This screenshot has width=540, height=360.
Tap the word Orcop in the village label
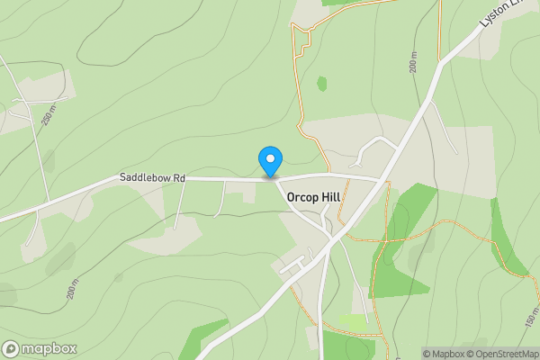click(303, 196)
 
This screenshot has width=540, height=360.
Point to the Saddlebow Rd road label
click(152, 179)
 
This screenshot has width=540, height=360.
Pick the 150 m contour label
click(530, 318)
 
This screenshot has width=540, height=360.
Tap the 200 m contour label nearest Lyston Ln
click(412, 61)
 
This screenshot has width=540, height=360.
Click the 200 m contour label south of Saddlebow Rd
click(74, 288)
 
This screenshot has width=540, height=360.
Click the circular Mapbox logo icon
click(12, 349)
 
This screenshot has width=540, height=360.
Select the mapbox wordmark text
click(49, 349)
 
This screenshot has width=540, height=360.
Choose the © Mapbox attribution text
click(447, 354)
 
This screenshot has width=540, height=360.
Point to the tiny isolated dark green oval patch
click(321, 84)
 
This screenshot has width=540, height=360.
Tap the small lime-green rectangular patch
click(353, 321)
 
